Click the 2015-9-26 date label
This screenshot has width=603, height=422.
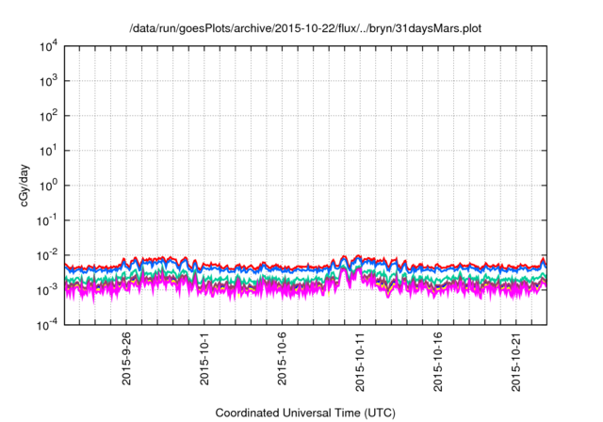coord(126,359)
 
